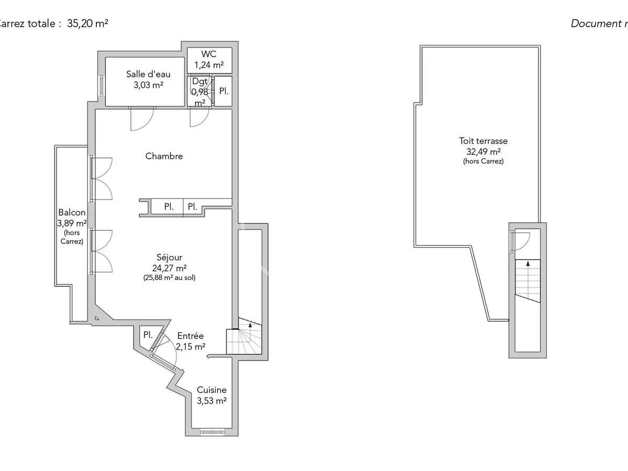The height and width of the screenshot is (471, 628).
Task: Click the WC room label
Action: tap(209, 54)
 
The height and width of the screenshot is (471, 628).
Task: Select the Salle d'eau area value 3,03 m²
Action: tap(148, 85)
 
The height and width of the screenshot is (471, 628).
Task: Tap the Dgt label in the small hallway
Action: tap(200, 81)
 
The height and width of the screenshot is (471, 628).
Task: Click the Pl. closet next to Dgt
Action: tap(223, 91)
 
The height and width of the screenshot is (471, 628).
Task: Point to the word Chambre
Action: tap(164, 156)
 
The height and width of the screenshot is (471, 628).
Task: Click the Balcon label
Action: tap(72, 212)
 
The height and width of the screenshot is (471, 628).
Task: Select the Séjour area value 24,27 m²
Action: tap(169, 268)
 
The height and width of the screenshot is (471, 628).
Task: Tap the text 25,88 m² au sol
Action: tap(169, 278)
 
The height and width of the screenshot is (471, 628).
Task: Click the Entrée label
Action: tap(190, 336)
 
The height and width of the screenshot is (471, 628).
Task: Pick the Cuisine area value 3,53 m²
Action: tap(211, 401)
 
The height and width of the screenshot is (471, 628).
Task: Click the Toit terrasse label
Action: tap(483, 141)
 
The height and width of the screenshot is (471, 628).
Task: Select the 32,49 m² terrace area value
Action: tap(483, 152)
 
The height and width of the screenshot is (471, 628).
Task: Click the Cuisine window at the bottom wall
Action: tap(213, 432)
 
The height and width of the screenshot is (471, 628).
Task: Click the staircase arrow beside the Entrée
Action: tap(250, 325)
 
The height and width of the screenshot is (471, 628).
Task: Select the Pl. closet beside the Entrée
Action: tap(148, 335)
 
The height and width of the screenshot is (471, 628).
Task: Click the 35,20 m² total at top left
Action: tap(87, 24)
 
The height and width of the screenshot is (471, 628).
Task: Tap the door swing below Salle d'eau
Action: tap(142, 118)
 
